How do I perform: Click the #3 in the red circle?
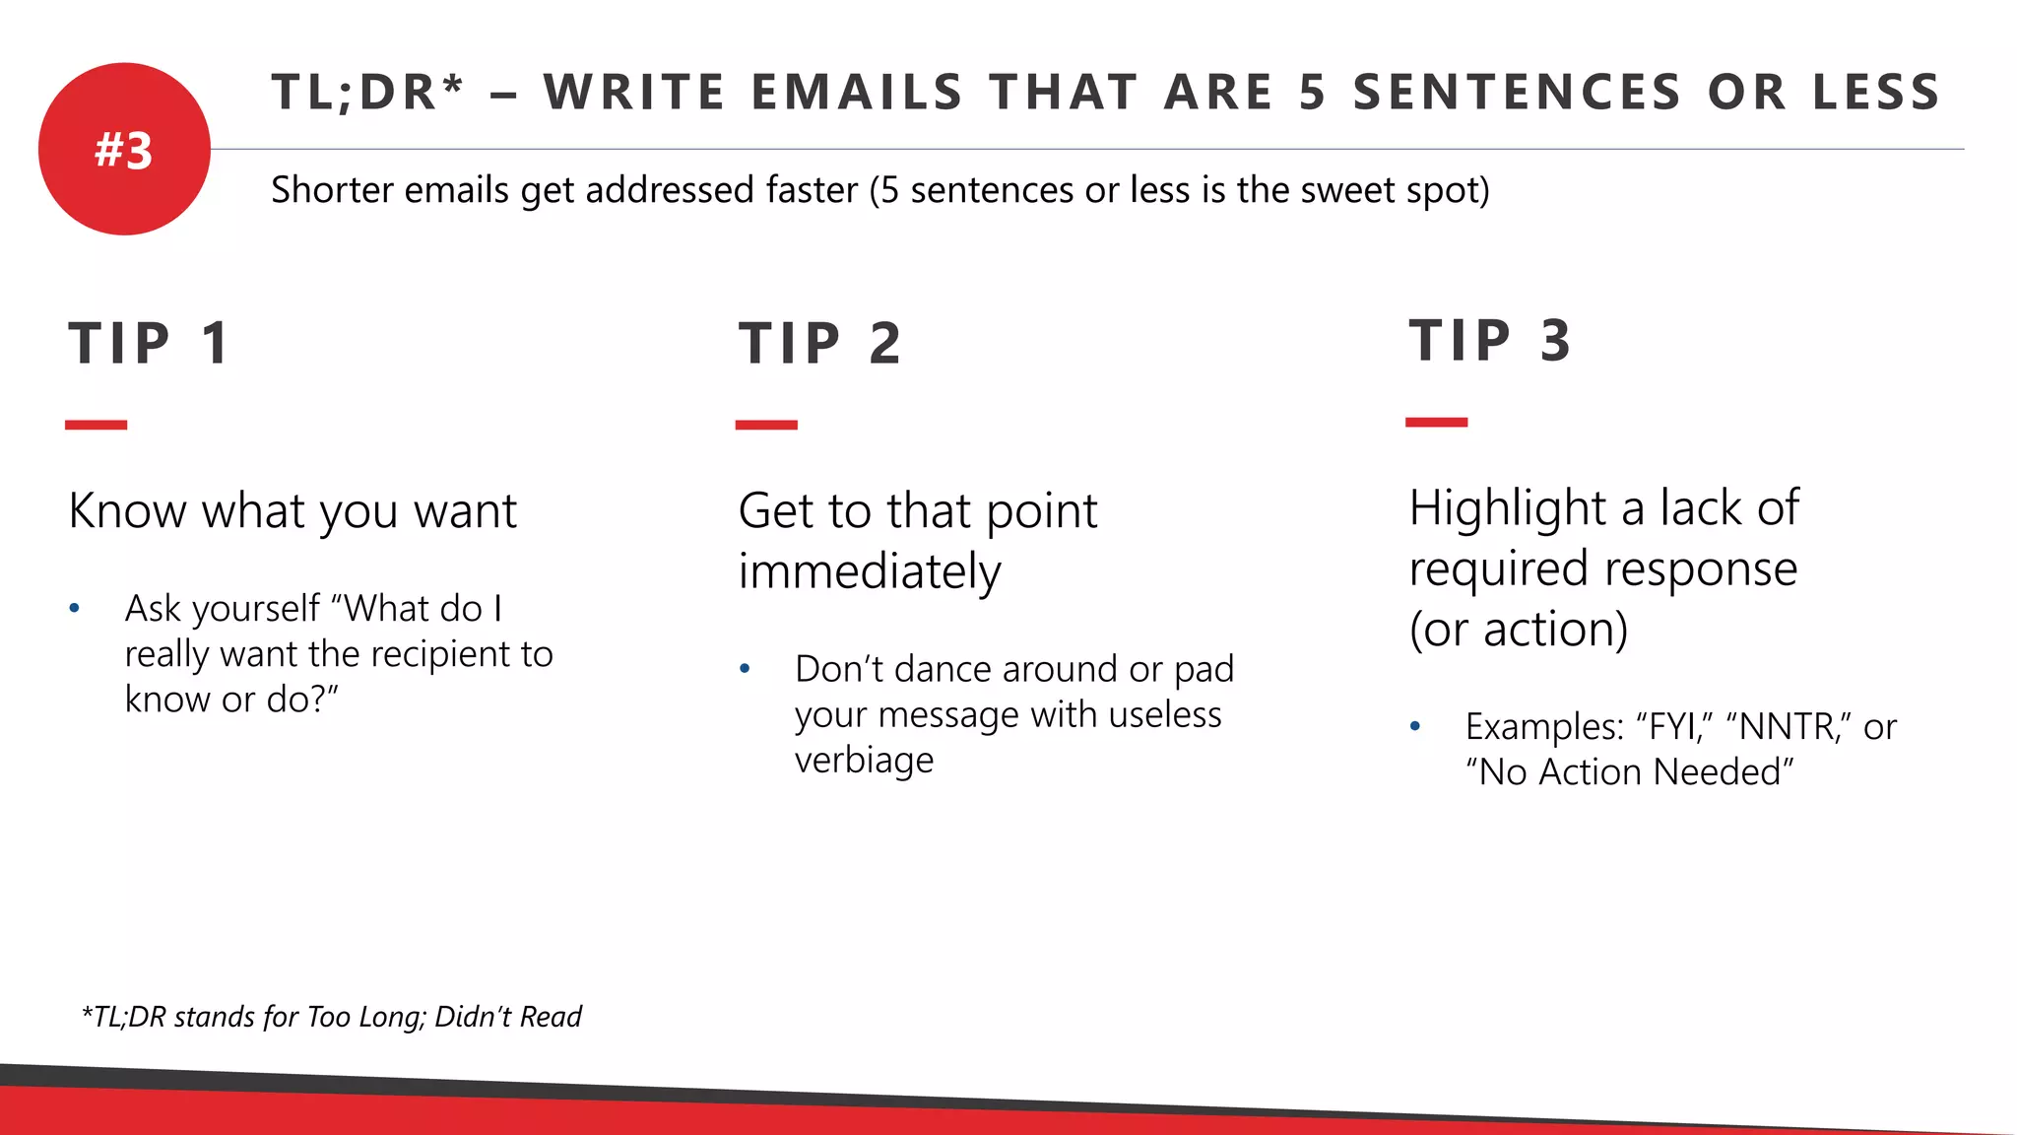(x=124, y=151)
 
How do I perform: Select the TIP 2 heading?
(x=820, y=344)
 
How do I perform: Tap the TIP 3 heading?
(x=1490, y=341)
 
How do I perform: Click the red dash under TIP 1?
(x=96, y=425)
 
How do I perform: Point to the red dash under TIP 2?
(x=766, y=425)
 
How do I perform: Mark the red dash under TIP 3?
(x=1436, y=422)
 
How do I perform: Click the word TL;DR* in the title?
(x=367, y=93)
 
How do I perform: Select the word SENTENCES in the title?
(x=1518, y=93)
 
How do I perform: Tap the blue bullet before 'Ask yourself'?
(x=75, y=609)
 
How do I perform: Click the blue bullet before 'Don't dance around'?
(x=746, y=669)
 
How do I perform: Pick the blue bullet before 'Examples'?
(x=1415, y=727)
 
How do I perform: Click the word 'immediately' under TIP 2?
(x=870, y=571)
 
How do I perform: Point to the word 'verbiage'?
(x=864, y=760)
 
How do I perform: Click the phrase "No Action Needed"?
(x=1630, y=772)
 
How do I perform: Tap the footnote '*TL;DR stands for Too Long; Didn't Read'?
(x=332, y=1016)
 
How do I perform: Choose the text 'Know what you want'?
(x=293, y=511)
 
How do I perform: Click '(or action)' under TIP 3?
(x=1519, y=630)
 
